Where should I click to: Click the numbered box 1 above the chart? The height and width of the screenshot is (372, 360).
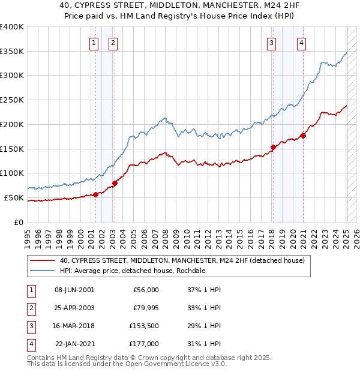95,43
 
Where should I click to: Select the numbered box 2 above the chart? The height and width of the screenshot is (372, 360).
113,43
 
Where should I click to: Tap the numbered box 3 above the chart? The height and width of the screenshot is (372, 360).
272,43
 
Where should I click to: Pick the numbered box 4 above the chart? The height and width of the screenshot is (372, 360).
301,43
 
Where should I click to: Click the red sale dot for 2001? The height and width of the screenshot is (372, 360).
95,194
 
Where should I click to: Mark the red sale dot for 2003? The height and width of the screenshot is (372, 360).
115,183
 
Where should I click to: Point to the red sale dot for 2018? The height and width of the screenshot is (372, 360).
273,147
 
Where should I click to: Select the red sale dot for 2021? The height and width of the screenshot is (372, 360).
304,136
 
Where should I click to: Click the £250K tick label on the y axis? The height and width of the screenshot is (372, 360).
12,100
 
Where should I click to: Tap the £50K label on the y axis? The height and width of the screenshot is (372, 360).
14,197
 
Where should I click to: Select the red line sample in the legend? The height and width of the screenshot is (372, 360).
43,260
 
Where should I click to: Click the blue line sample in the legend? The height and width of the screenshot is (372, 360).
43,271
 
